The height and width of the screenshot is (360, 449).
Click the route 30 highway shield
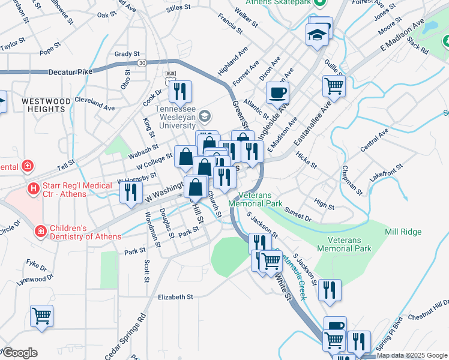(142, 62)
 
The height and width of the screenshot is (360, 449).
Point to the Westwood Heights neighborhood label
(43, 105)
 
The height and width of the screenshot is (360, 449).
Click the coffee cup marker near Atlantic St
(277, 92)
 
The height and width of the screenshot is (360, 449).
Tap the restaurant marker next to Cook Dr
(180, 91)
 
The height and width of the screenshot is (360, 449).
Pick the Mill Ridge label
(403, 232)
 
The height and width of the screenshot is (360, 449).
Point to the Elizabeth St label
(175, 296)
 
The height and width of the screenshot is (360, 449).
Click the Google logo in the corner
(19, 353)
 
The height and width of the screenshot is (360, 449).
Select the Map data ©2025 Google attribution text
(412, 355)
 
